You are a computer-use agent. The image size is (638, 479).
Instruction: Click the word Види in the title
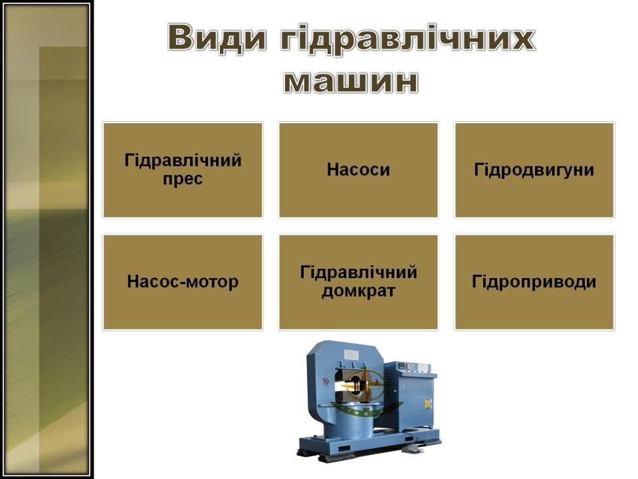pyautogui.click(x=217, y=38)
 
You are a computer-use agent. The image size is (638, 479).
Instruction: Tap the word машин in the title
pyautogui.click(x=351, y=81)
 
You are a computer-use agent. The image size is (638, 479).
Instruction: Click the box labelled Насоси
pyautogui.click(x=358, y=170)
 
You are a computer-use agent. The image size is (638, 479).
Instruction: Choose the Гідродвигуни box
pyautogui.click(x=534, y=170)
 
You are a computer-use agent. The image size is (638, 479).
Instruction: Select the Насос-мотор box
pyautogui.click(x=183, y=282)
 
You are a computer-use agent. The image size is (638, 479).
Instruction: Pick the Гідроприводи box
pyautogui.click(x=534, y=282)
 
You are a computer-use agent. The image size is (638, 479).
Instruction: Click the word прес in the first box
pyautogui.click(x=183, y=179)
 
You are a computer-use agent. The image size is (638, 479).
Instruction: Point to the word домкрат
pyautogui.click(x=358, y=291)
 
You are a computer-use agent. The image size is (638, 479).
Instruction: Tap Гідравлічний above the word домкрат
pyautogui.click(x=358, y=272)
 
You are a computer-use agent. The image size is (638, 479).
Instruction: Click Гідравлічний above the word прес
pyautogui.click(x=183, y=160)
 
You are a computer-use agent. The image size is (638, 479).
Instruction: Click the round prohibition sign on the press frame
pyautogui.click(x=326, y=382)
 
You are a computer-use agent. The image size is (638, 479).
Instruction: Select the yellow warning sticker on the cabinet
pyautogui.click(x=427, y=404)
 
